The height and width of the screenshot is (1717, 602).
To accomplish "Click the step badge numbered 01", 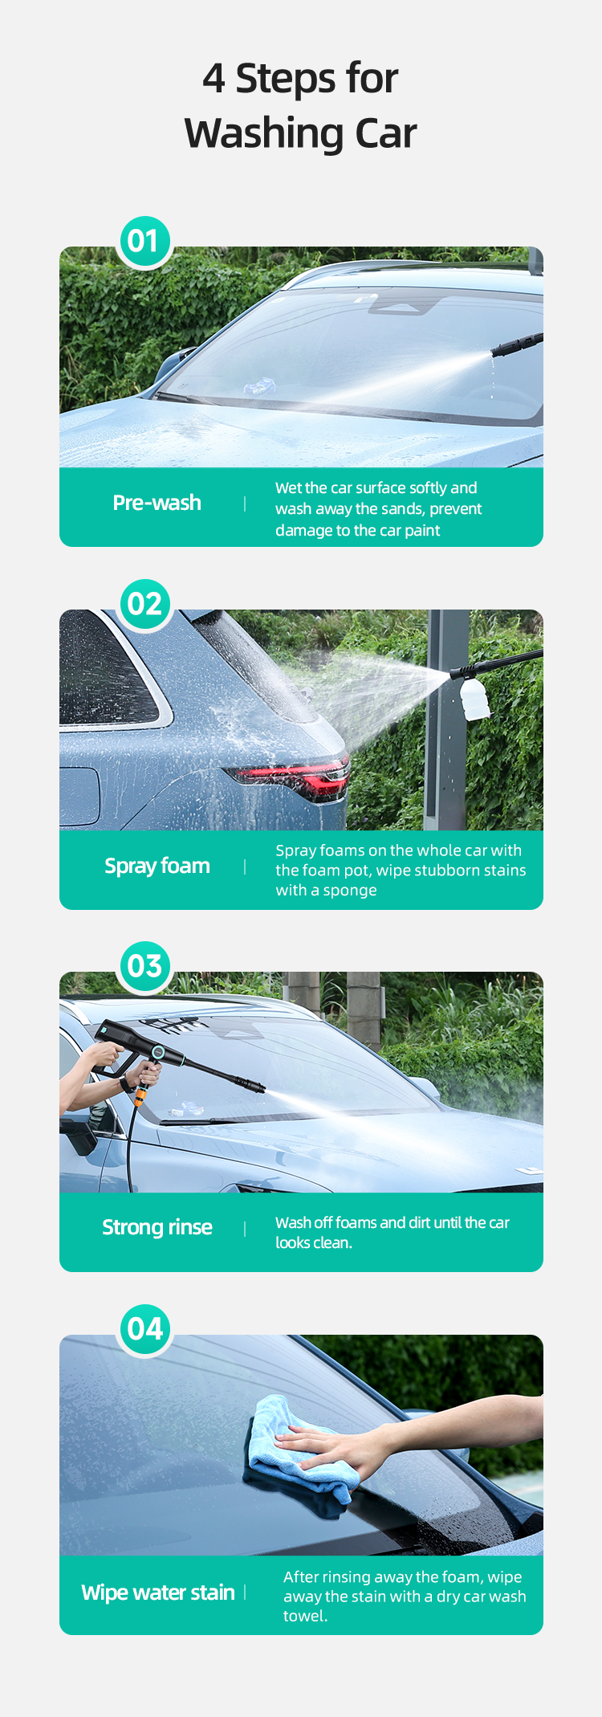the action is pos(144,241).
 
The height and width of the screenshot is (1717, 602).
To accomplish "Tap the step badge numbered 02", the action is pos(144,604).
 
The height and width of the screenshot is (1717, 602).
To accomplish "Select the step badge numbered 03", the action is pos(144,965).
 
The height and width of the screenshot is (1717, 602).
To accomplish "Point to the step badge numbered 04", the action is pos(144,1328).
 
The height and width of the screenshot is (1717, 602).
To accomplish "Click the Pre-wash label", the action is pos(157,503).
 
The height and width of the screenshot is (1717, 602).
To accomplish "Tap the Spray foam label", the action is pos(157,866).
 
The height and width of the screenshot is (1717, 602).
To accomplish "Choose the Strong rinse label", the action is pos(157,1227).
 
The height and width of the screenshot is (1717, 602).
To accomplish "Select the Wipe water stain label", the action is pos(158,1593).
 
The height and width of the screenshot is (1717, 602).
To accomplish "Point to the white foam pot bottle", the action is pos(474,698).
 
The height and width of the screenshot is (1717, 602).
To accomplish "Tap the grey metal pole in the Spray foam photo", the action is pos(446,719).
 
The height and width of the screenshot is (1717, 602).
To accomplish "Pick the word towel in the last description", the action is pos(303,1616).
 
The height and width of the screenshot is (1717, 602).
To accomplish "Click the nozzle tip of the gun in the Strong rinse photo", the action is pos(259,1088).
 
